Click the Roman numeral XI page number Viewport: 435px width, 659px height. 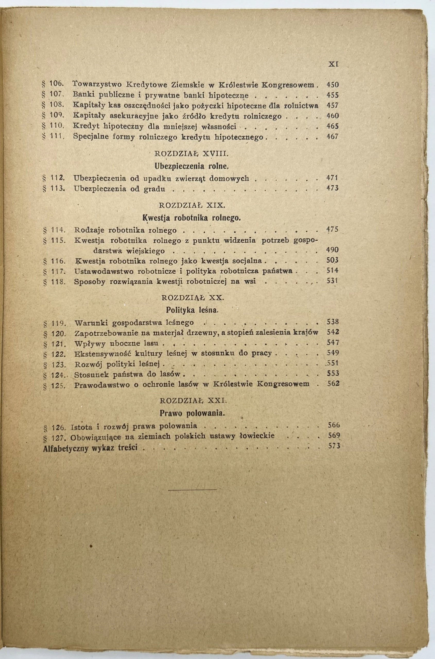332,64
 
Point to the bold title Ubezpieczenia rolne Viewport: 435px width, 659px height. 191,167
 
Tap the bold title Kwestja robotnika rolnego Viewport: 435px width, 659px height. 192,218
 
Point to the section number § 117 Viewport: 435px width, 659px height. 54,271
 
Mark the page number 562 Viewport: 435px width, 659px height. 333,384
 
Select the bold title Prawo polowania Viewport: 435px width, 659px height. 192,413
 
